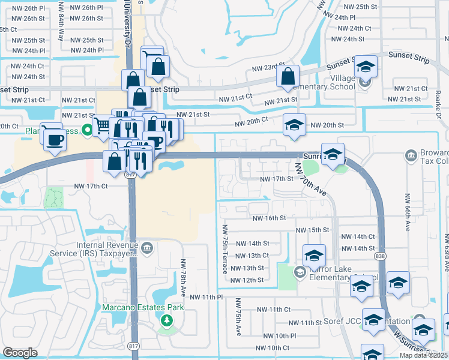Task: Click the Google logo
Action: [20, 353]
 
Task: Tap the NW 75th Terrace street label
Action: [226, 250]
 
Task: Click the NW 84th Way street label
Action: [61, 29]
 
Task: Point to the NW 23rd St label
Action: [268, 68]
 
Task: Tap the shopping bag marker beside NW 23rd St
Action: [288, 77]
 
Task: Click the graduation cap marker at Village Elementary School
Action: [365, 67]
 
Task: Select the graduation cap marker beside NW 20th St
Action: [294, 125]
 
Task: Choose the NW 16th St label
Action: [268, 218]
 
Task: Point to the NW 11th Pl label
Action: [206, 297]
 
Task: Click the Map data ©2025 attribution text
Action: [424, 355]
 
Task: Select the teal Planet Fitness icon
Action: [87, 130]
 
